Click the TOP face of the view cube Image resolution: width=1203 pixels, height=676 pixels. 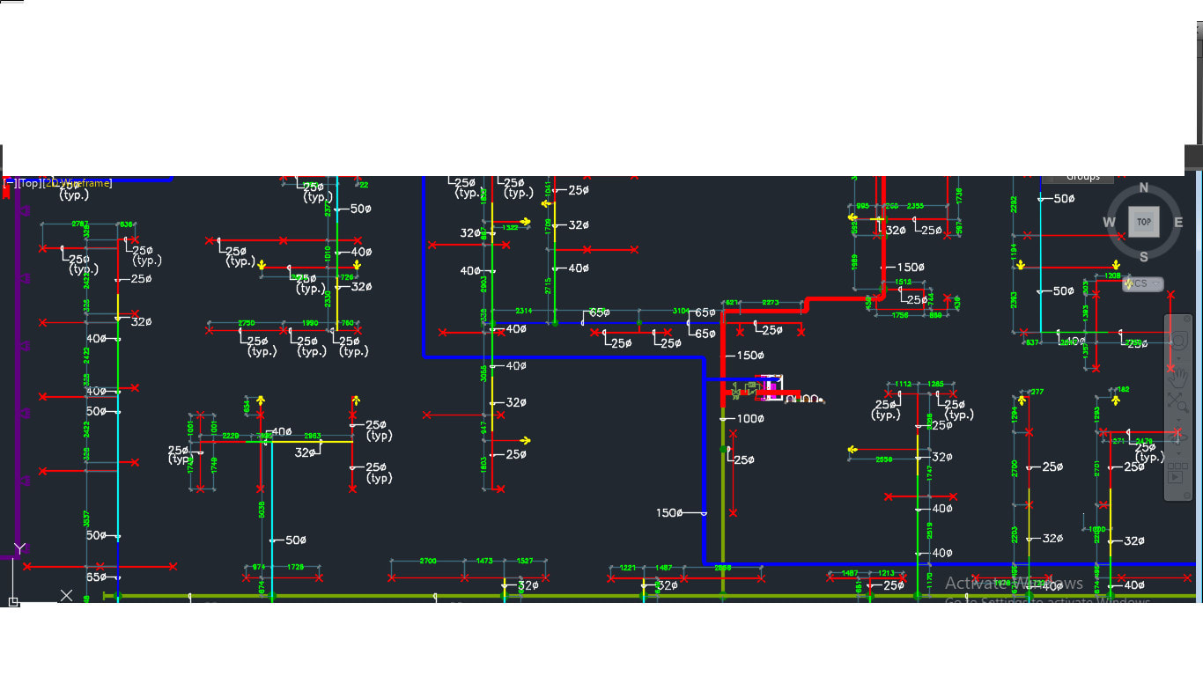(x=1143, y=222)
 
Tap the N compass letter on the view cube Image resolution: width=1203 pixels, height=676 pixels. (x=1144, y=187)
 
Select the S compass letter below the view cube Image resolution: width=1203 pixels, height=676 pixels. (x=1144, y=257)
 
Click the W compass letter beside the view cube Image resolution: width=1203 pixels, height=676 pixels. (x=1110, y=223)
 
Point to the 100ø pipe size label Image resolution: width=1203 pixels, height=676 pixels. (x=750, y=419)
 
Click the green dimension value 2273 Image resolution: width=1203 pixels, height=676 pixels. (x=771, y=303)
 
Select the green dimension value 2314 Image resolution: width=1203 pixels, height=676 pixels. (x=523, y=312)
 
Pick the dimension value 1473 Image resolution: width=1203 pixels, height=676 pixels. (x=484, y=561)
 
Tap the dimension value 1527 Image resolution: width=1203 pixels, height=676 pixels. (x=525, y=561)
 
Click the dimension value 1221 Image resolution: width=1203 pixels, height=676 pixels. (x=628, y=568)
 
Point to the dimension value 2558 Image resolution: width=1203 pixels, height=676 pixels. (x=883, y=459)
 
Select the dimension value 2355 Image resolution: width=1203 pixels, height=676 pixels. (x=916, y=207)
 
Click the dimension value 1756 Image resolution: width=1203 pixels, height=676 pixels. (x=900, y=315)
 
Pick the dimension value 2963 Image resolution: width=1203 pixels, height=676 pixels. (x=312, y=436)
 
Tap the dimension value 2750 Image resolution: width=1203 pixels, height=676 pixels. (x=247, y=323)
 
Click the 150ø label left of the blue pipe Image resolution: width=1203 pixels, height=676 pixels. (x=669, y=513)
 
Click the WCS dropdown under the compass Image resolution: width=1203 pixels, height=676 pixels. (x=1143, y=283)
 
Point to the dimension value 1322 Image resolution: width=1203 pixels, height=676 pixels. (x=510, y=227)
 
